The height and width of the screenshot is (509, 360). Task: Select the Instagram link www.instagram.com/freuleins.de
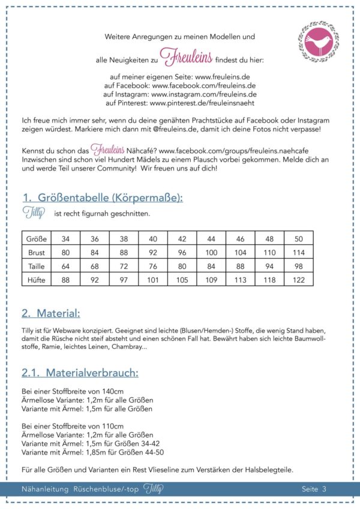[x=203, y=94]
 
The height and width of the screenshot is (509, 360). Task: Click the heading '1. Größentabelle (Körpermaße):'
[x=102, y=197]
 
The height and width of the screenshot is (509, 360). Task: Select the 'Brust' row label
[x=37, y=252]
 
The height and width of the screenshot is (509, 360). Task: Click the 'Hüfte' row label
[x=37, y=279]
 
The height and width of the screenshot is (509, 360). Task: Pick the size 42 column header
[x=182, y=239]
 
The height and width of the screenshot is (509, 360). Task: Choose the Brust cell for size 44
[x=212, y=252]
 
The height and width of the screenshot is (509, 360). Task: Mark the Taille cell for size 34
[x=66, y=266]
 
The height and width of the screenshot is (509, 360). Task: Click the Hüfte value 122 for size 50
[x=298, y=279]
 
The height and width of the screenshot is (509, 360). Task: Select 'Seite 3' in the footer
[x=314, y=489]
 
